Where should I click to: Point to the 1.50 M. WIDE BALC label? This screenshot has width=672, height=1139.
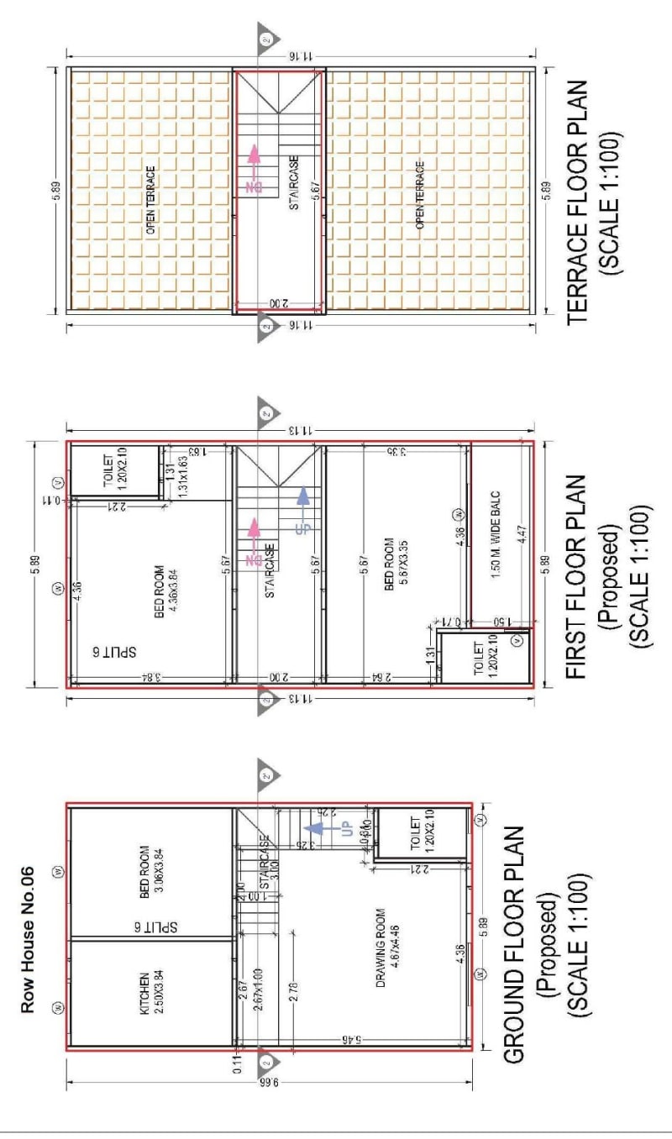[495, 545]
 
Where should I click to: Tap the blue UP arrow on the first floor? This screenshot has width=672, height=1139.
[303, 507]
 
